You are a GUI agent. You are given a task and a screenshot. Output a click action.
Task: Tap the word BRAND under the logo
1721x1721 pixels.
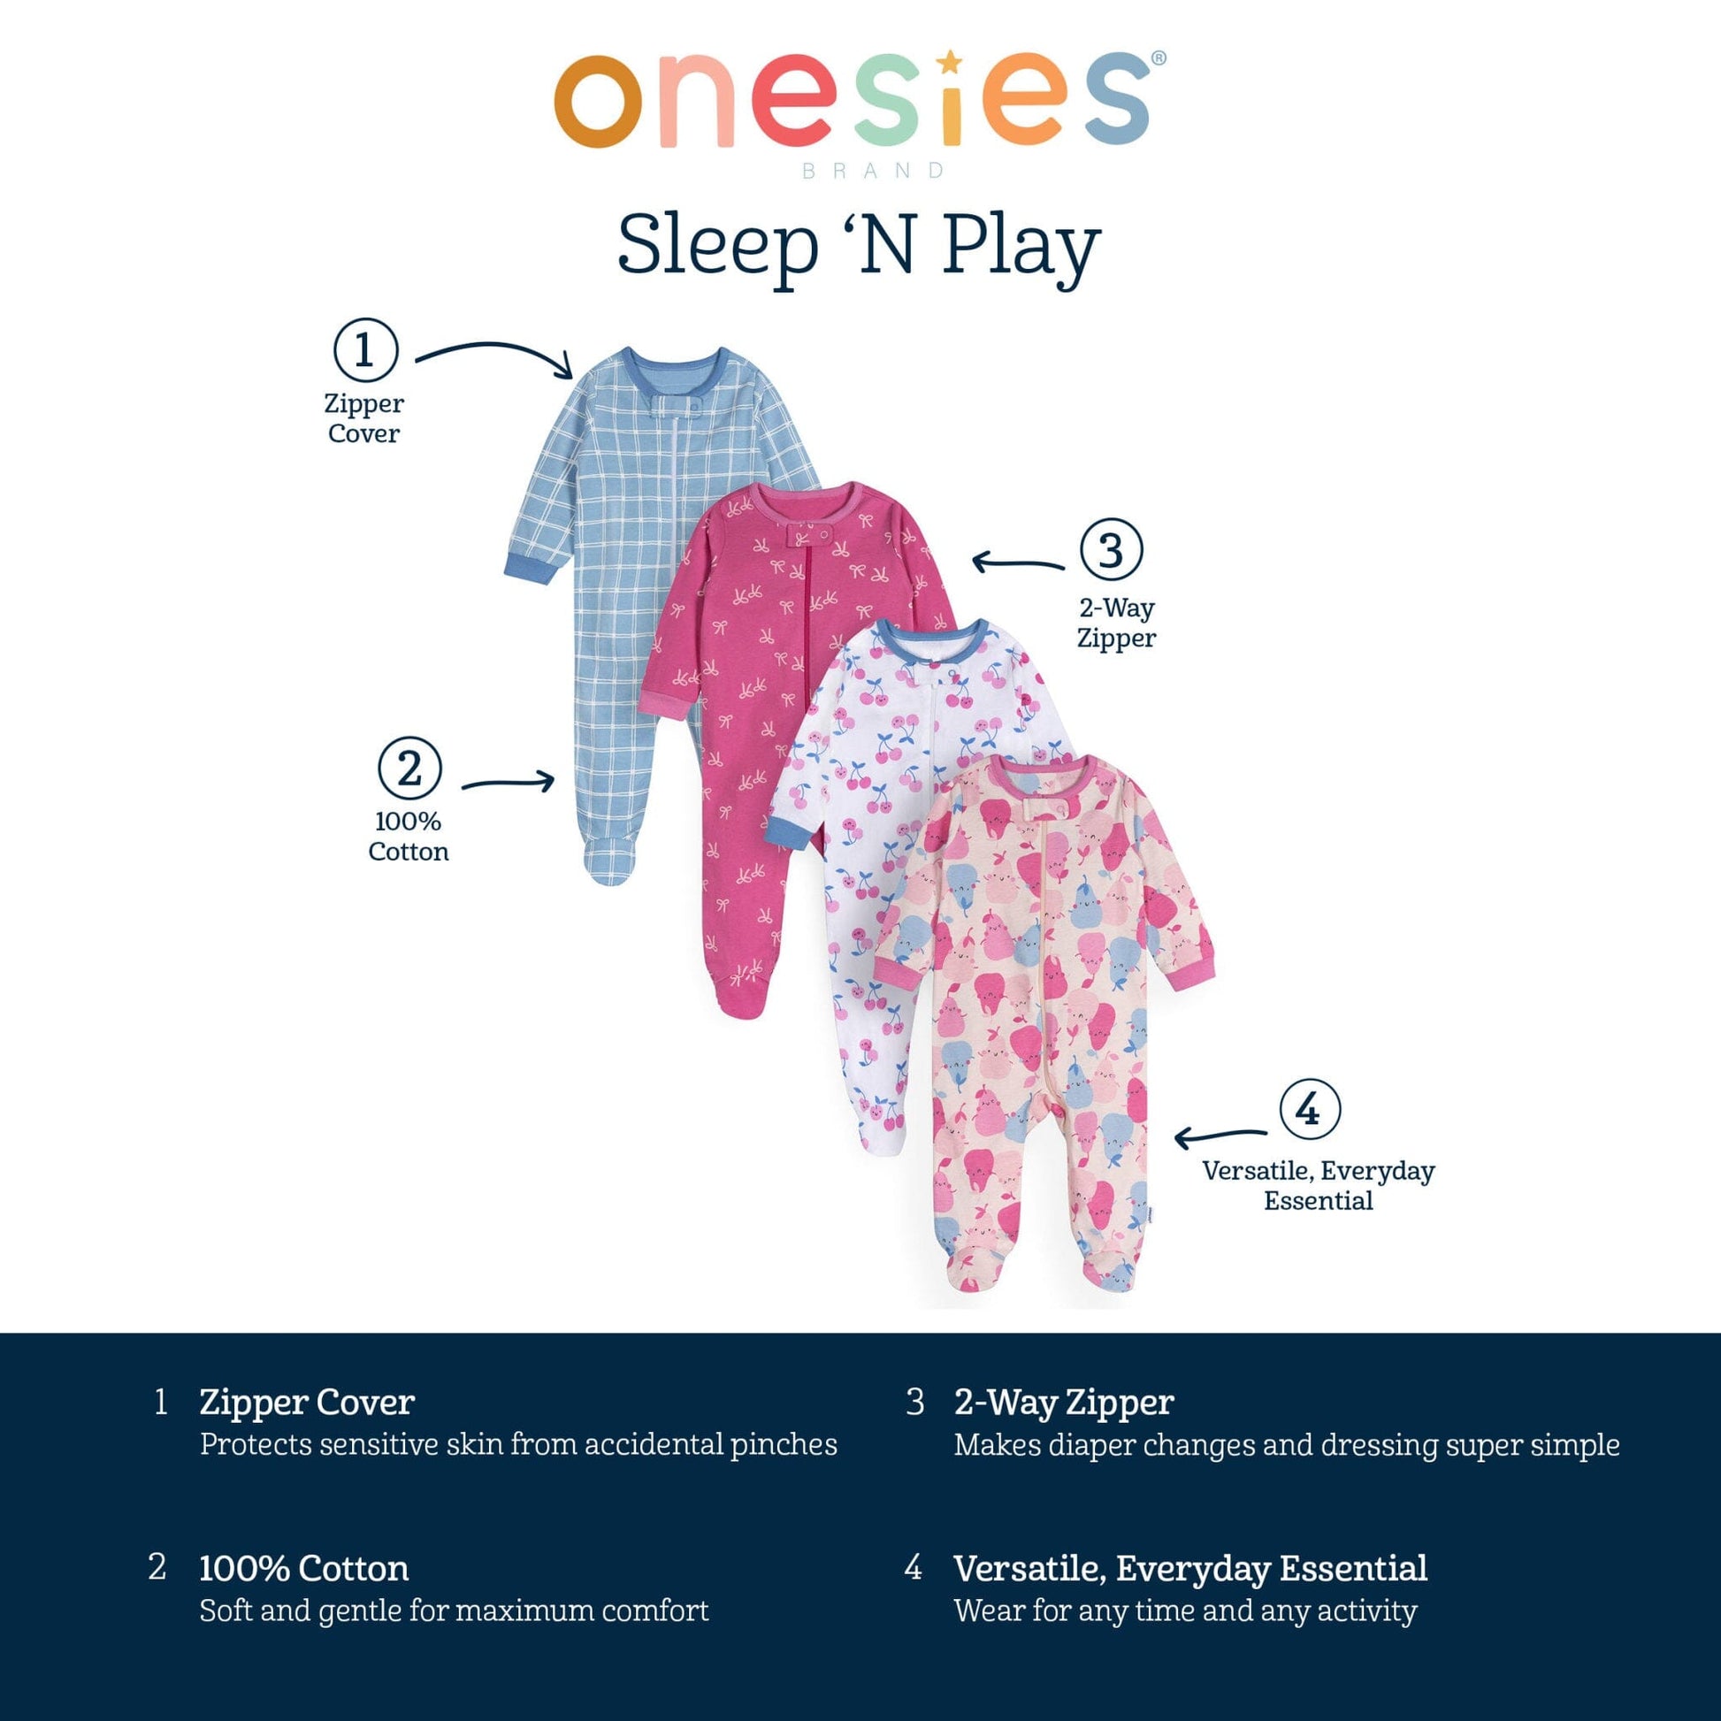(x=873, y=170)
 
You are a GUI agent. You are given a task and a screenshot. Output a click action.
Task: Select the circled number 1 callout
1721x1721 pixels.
(x=364, y=350)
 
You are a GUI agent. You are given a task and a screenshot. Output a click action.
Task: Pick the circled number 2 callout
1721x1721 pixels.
(x=409, y=769)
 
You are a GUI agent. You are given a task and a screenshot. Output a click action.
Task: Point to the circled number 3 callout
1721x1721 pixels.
(x=1111, y=549)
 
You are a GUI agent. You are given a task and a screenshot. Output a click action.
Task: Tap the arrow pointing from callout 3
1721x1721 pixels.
(x=1017, y=563)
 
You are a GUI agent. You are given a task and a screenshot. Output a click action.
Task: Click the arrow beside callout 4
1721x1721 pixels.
(x=1220, y=1136)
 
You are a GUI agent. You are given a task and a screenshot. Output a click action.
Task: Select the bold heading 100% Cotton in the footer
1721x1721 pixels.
(x=303, y=1569)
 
